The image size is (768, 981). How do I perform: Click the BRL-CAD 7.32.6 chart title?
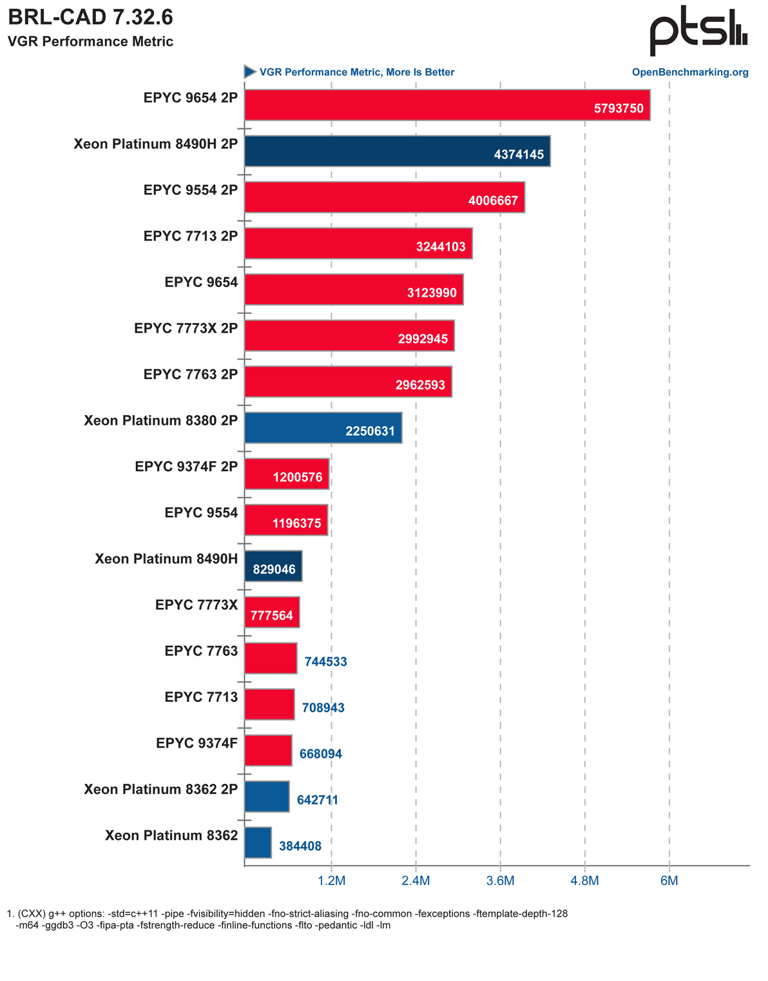[90, 17]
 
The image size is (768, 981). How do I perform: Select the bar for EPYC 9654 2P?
[447, 104]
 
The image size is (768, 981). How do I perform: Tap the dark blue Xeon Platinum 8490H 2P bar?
[397, 151]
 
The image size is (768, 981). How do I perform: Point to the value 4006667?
[493, 201]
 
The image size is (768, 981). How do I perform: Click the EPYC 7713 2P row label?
[191, 236]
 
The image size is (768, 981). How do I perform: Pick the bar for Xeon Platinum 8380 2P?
[323, 427]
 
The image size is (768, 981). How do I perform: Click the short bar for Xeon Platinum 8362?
[258, 842]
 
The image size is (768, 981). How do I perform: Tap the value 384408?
[300, 846]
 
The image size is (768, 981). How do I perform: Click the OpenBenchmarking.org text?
[690, 72]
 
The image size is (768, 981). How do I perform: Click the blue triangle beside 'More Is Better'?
[250, 72]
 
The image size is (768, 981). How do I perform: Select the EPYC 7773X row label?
[197, 605]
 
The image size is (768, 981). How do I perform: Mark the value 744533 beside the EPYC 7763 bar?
[325, 662]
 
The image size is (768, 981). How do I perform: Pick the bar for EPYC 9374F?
[268, 750]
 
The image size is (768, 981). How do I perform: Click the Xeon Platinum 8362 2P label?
[161, 790]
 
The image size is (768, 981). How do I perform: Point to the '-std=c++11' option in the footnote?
[132, 914]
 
